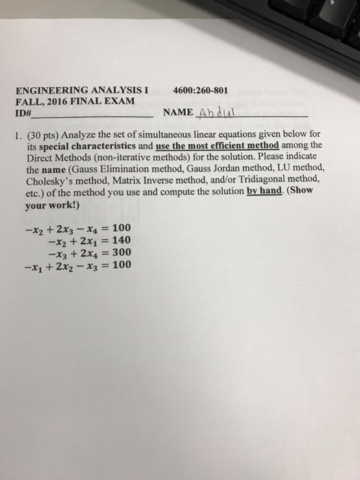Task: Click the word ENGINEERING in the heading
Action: (49, 90)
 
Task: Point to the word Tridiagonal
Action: (270, 180)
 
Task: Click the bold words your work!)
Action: (52, 204)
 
